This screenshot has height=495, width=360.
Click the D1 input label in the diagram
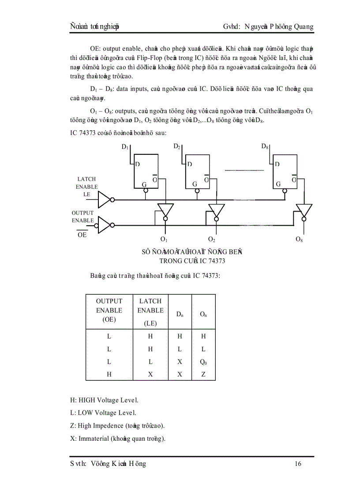[125, 147]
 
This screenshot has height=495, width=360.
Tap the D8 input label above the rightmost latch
[265, 146]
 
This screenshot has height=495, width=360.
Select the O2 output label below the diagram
[211, 240]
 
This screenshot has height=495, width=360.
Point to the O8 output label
[299, 240]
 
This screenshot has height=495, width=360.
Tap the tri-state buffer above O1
[166, 210]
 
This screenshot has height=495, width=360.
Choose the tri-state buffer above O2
[216, 210]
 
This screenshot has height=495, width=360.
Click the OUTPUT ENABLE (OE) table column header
[109, 310]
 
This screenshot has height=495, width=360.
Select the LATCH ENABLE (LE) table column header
[150, 310]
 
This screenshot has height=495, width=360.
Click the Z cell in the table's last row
[203, 374]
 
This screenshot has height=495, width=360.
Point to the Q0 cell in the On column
[203, 362]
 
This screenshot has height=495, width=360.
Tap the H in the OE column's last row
[109, 374]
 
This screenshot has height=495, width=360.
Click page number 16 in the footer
[298, 464]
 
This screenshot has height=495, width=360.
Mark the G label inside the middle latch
[195, 184]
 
